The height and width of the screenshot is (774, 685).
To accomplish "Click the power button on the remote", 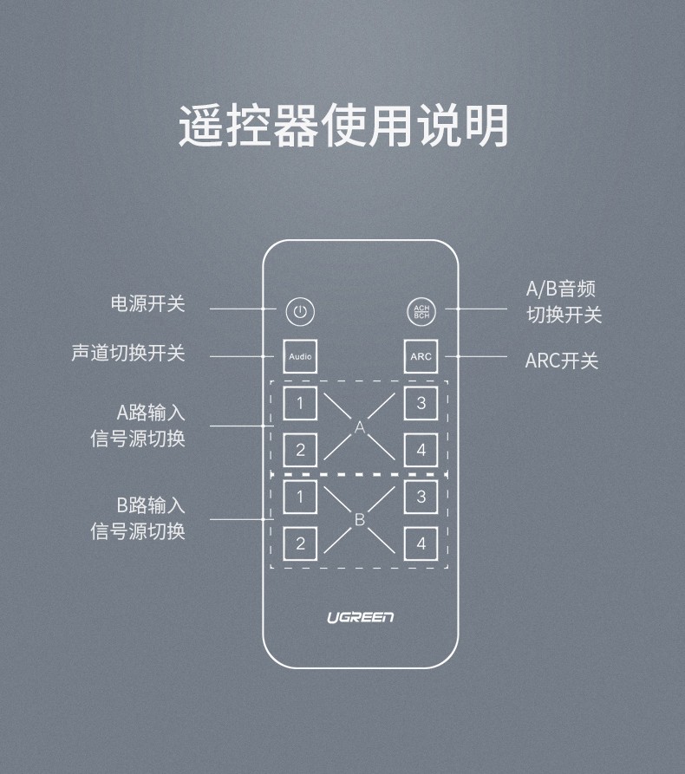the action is [x=300, y=312].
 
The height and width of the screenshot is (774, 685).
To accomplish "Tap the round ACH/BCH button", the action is [x=421, y=312].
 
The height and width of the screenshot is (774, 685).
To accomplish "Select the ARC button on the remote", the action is [x=421, y=356].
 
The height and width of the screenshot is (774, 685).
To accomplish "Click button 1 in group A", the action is [x=300, y=403].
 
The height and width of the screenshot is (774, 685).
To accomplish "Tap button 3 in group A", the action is [x=421, y=403].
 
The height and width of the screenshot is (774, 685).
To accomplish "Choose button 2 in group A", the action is [x=300, y=450].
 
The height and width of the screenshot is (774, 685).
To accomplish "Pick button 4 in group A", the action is [x=421, y=450].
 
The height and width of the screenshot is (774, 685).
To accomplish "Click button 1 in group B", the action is [x=300, y=497].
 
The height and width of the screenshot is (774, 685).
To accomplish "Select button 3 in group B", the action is [x=421, y=497].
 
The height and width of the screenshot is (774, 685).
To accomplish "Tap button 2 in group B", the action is [x=300, y=543].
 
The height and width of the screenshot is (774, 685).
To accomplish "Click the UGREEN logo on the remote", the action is [x=360, y=617].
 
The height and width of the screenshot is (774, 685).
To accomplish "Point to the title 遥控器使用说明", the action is [x=343, y=126].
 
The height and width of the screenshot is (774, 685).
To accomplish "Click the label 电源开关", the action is [x=147, y=303].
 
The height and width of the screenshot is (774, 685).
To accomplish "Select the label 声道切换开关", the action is [x=128, y=353].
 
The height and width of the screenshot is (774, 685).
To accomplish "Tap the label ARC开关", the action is [x=562, y=361].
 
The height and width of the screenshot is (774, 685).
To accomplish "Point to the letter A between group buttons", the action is [x=360, y=427].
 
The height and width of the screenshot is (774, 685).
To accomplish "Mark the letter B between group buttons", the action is [x=360, y=520].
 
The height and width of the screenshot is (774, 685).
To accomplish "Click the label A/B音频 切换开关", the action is [x=564, y=302].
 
